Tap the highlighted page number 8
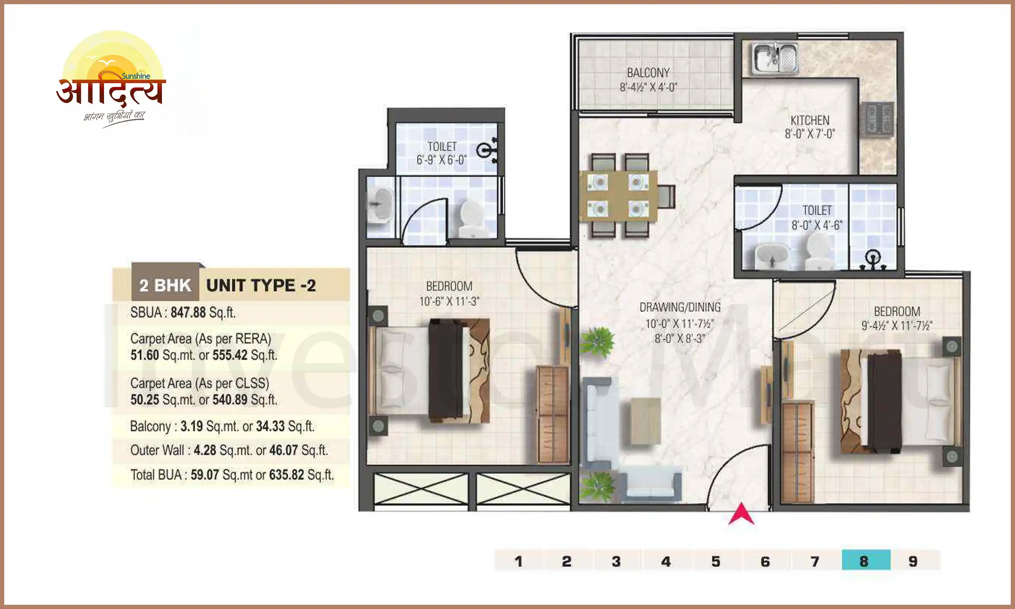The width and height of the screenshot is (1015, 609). click(x=865, y=561)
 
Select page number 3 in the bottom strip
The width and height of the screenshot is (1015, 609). click(x=616, y=561)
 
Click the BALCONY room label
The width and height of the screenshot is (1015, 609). click(x=648, y=73)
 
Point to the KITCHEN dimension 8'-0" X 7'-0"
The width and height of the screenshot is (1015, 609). click(x=809, y=134)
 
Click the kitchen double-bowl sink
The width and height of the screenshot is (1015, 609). click(x=775, y=58)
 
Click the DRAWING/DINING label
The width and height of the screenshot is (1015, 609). click(x=680, y=307)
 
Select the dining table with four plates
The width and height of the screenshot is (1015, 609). click(x=618, y=196)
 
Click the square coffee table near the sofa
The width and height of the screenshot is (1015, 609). click(x=645, y=421)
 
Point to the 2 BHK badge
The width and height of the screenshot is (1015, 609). click(x=165, y=285)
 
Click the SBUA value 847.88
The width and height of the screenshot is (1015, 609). click(x=188, y=313)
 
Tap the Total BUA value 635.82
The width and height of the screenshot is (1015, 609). click(x=286, y=475)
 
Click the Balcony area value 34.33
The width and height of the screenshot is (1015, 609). click(x=270, y=426)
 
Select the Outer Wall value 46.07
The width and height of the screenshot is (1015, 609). click(x=283, y=450)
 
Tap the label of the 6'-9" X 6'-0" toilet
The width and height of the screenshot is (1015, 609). click(x=442, y=146)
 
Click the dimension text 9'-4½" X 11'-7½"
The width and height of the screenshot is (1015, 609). click(x=897, y=326)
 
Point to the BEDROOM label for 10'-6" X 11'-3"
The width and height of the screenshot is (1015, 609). click(x=449, y=286)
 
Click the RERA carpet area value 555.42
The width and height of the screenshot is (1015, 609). click(x=230, y=355)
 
